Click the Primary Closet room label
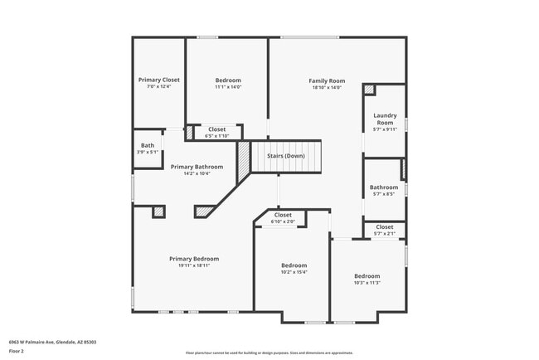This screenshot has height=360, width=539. [158, 80]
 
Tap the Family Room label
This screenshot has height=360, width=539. [327, 80]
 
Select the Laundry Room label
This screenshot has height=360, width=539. [385, 119]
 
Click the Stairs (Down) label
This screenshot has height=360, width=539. [285, 156]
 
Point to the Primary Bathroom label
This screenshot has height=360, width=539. [197, 167]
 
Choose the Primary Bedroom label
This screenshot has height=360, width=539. [193, 258]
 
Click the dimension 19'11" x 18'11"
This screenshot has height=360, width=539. [193, 265]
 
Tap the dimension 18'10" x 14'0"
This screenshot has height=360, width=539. [327, 87]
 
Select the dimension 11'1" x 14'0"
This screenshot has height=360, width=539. [227, 87]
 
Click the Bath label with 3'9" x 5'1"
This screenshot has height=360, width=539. [148, 146]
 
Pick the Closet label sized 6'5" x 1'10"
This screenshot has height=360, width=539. [216, 129]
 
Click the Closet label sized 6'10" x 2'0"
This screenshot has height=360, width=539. [283, 215]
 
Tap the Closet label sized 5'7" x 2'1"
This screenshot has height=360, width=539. [385, 226]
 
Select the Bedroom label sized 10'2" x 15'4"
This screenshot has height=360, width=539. [294, 265]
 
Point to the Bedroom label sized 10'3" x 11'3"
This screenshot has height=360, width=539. [367, 275]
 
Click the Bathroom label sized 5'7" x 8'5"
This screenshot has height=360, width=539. [384, 187]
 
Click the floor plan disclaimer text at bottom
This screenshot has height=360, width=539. [269, 352]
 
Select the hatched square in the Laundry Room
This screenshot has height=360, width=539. [369, 90]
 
